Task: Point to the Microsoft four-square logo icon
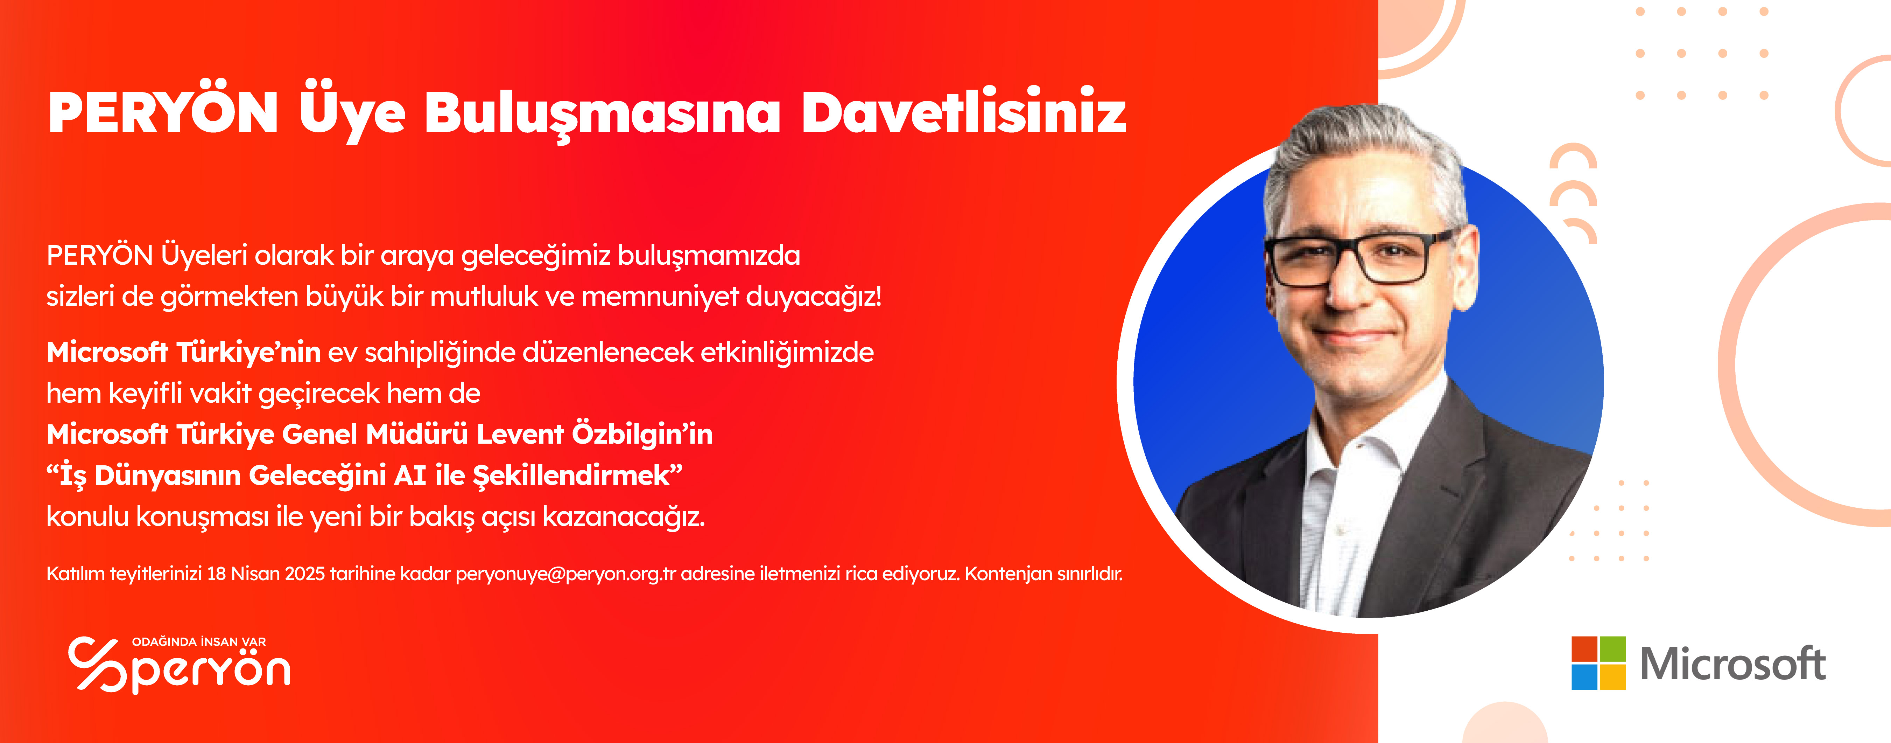pyautogui.click(x=1598, y=663)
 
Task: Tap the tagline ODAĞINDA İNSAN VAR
pyautogui.click(x=199, y=642)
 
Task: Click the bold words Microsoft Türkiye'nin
pyautogui.click(x=183, y=352)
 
